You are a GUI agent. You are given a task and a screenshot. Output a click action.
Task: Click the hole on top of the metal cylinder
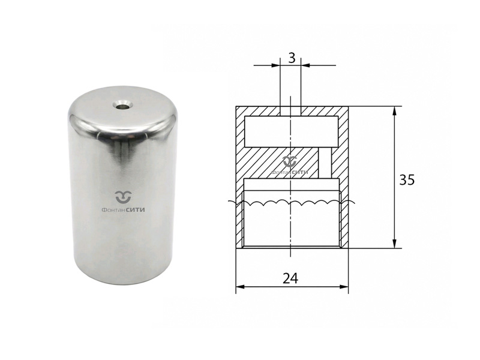[x=123, y=106]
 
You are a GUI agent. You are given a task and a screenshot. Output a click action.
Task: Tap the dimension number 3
[x=292, y=58]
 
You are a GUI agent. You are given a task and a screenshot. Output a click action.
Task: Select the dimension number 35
[x=407, y=180]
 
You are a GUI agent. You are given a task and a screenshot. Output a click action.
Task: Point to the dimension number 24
[x=290, y=278]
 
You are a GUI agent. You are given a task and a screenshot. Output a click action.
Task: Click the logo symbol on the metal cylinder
[x=123, y=197]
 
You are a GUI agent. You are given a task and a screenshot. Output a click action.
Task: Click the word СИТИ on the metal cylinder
[x=136, y=210]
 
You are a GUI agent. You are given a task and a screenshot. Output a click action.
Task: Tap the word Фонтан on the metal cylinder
[x=113, y=210]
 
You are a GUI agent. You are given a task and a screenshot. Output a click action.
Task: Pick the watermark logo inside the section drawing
[x=290, y=166]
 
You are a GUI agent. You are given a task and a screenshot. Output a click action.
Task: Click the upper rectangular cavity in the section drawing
[x=291, y=131]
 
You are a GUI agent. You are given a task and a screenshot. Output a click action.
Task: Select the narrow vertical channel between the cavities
[x=325, y=163]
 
